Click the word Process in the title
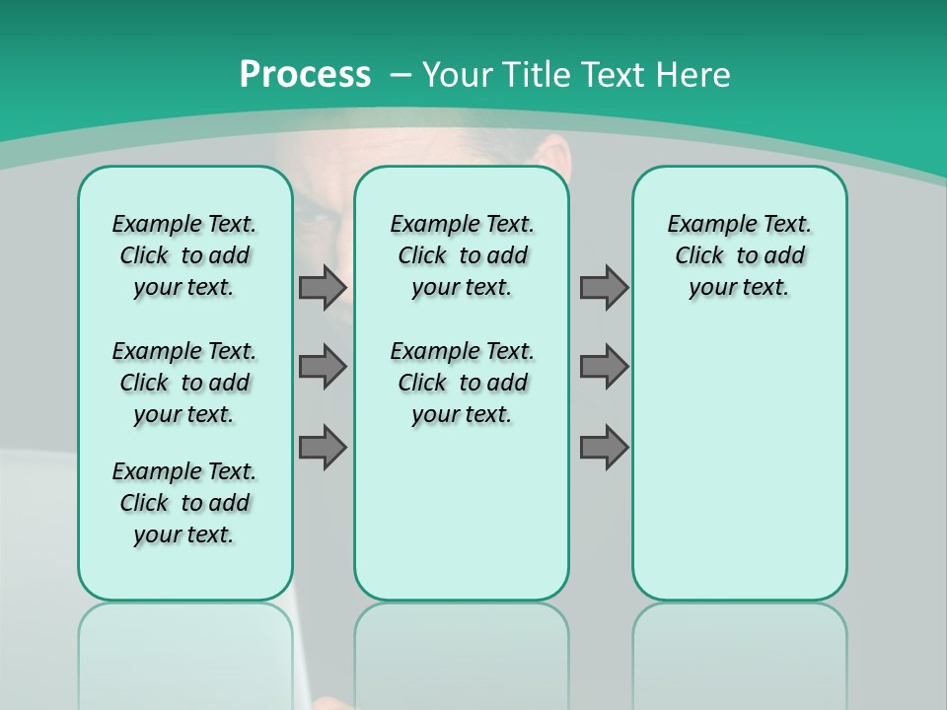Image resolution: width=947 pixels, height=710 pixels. (305, 74)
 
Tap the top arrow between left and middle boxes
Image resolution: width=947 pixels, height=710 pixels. (323, 287)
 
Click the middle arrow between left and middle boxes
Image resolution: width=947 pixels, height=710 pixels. (323, 367)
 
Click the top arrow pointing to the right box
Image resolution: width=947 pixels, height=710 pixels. (604, 287)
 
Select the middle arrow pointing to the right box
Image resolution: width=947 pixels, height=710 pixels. (604, 367)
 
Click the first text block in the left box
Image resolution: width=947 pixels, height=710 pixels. (184, 255)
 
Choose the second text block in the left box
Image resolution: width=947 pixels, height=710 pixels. (184, 383)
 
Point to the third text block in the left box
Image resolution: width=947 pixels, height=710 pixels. (184, 503)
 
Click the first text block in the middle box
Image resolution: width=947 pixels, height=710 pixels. (462, 255)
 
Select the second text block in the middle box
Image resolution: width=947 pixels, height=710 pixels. (462, 383)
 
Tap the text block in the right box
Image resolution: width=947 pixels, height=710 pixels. (739, 255)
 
